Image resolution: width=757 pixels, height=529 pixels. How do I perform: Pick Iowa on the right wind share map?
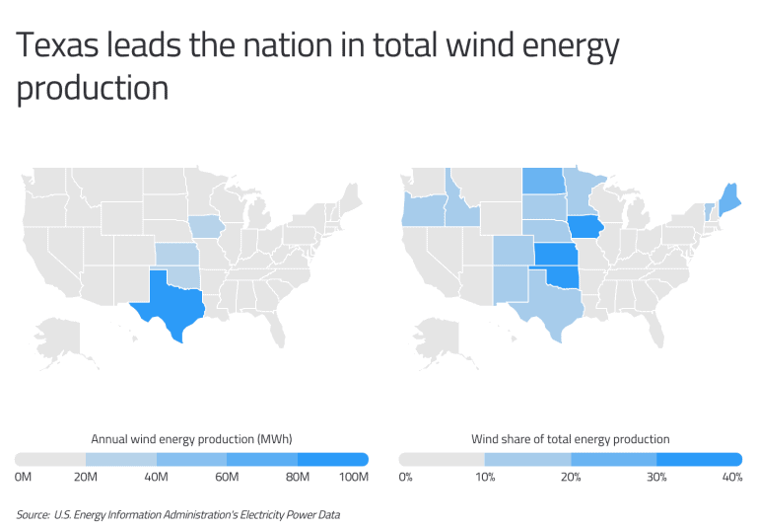pyautogui.click(x=585, y=227)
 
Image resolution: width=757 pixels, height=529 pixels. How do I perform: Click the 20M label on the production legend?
pyautogui.click(x=86, y=478)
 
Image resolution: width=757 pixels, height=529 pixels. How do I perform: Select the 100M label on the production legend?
pyautogui.click(x=354, y=478)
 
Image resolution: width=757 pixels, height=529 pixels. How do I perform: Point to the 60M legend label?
pyautogui.click(x=228, y=478)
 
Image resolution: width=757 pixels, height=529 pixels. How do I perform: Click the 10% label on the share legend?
pyautogui.click(x=486, y=478)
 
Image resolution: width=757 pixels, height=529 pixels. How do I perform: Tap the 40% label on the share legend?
pyautogui.click(x=732, y=478)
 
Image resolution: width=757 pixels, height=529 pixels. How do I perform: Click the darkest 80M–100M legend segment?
pyautogui.click(x=332, y=459)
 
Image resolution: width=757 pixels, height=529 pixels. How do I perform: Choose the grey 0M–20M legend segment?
pyautogui.click(x=50, y=459)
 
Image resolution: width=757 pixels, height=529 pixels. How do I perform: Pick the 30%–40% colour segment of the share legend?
pyautogui.click(x=699, y=459)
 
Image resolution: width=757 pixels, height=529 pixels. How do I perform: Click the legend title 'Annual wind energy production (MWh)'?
pyautogui.click(x=191, y=438)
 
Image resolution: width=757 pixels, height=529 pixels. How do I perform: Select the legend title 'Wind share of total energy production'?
pyautogui.click(x=570, y=438)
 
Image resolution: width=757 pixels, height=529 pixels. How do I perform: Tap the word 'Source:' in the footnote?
pyautogui.click(x=34, y=514)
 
